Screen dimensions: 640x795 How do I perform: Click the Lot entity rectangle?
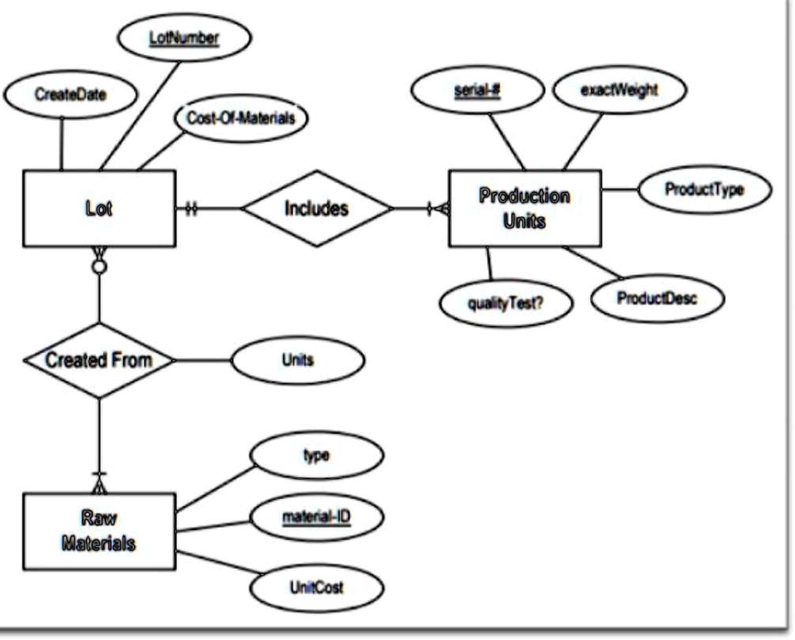(99, 209)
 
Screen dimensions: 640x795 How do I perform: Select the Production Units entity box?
(525, 208)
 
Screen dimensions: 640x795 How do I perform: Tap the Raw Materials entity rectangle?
(99, 531)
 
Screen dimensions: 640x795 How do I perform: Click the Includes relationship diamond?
(316, 209)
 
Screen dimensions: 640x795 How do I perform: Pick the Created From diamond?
(99, 360)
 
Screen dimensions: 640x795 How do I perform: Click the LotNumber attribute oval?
(183, 37)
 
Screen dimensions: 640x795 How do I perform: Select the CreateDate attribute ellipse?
(70, 94)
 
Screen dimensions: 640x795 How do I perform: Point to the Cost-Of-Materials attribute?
(240, 118)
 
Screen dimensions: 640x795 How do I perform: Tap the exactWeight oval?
(619, 90)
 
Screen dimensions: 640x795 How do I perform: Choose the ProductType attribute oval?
(704, 190)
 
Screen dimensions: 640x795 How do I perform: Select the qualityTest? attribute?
(506, 303)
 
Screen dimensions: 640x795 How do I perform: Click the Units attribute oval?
(298, 360)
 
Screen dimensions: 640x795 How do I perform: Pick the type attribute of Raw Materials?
(316, 456)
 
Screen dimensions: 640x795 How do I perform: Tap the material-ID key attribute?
(316, 518)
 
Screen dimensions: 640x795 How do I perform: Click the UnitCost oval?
(316, 588)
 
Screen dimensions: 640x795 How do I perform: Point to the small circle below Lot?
(99, 267)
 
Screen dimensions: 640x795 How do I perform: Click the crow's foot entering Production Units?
(438, 209)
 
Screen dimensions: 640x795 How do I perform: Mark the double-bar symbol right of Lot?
(190, 209)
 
